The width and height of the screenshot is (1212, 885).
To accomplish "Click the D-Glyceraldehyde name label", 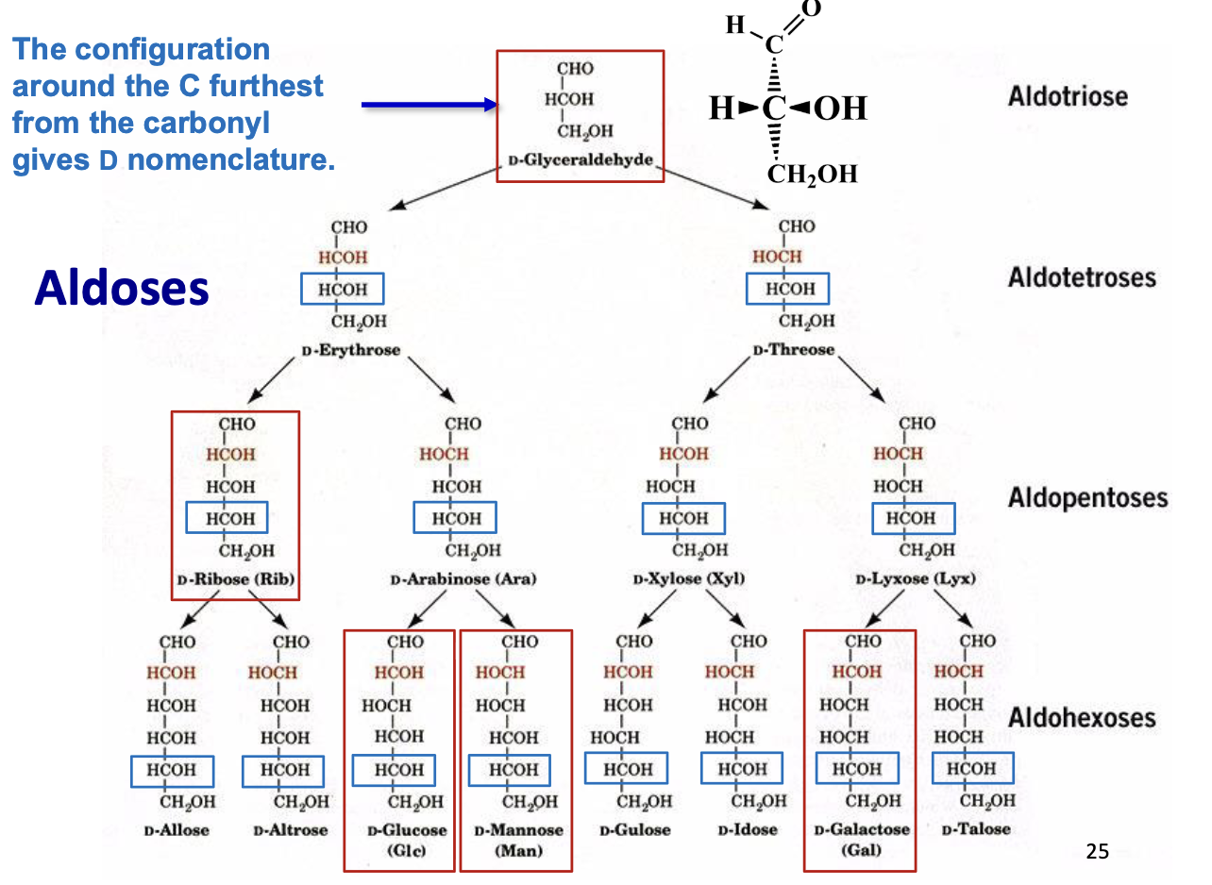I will [x=580, y=160].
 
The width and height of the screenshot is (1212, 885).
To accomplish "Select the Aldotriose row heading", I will [x=1067, y=96].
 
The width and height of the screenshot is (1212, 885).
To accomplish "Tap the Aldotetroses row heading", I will [x=1081, y=277].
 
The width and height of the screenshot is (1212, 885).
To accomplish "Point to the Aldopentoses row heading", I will [x=1087, y=497].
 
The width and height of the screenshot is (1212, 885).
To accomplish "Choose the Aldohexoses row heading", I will [x=1081, y=717].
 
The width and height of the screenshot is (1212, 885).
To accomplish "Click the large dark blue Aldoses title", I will [x=122, y=288].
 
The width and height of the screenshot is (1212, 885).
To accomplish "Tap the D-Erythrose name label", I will [x=350, y=350].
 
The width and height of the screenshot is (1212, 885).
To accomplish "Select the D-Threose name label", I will [x=794, y=350].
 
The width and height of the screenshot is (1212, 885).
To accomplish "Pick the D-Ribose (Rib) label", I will [x=235, y=578].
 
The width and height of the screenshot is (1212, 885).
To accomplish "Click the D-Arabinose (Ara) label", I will [x=463, y=578].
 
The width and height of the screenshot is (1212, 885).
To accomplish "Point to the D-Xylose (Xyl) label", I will [x=689, y=578].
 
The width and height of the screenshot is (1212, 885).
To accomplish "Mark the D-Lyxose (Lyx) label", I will [x=916, y=578].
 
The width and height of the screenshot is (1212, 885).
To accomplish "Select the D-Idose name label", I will [x=747, y=830].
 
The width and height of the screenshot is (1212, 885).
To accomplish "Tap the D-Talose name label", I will [x=976, y=829].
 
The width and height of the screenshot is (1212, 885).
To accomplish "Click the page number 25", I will [x=1097, y=853].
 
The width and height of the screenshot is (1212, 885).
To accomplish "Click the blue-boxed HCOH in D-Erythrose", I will [x=341, y=289].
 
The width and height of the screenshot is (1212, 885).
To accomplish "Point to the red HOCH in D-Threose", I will [x=777, y=257].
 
